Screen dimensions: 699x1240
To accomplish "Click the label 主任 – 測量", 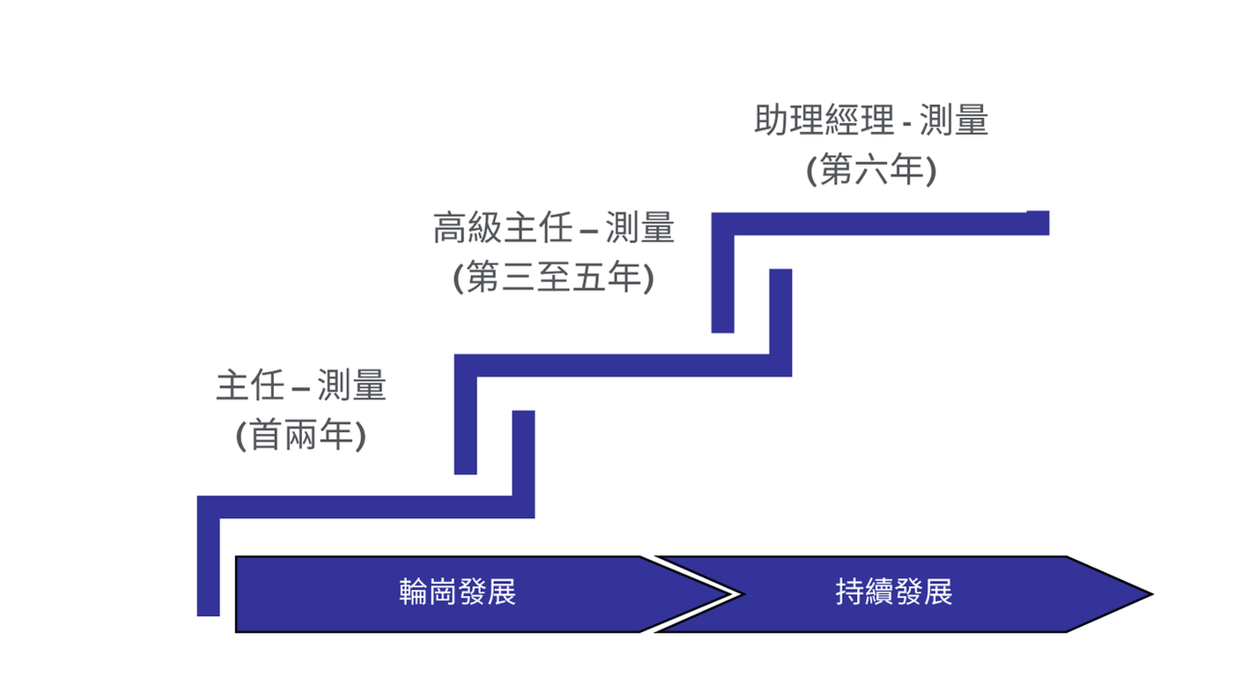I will (x=301, y=387).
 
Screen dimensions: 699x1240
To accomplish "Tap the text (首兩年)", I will (x=301, y=435).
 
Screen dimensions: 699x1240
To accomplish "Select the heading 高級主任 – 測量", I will (x=553, y=229).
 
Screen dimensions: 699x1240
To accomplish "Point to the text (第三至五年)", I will (x=553, y=279).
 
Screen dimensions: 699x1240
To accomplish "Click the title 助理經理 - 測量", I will (x=871, y=121).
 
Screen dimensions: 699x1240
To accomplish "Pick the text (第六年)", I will (x=871, y=170).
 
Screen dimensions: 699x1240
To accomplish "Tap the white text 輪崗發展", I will (x=457, y=592).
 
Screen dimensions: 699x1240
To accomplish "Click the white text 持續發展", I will (x=894, y=592).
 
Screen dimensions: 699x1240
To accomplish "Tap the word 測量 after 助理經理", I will (x=954, y=121).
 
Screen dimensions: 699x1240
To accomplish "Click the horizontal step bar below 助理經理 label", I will (x=881, y=224).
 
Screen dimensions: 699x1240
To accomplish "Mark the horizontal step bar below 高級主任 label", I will (x=625, y=365).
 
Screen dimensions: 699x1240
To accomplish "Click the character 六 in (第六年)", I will (x=871, y=170).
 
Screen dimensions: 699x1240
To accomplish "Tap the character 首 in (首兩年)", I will (x=265, y=435).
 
